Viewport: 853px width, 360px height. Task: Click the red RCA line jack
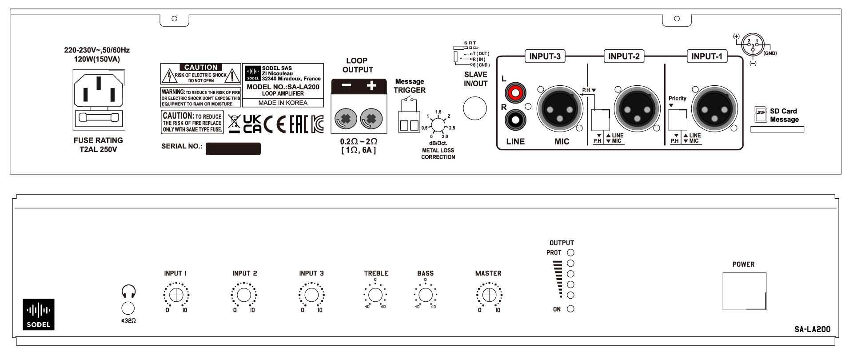click(x=515, y=93)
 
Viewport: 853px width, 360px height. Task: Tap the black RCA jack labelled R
click(x=515, y=120)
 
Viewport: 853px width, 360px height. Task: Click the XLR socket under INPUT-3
click(x=560, y=108)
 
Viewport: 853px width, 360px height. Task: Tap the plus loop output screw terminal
click(x=371, y=119)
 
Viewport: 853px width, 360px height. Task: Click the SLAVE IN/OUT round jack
click(x=475, y=108)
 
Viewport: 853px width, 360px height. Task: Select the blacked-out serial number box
click(x=233, y=148)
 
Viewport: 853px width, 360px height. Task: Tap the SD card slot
click(x=777, y=129)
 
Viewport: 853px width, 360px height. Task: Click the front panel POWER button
click(x=744, y=291)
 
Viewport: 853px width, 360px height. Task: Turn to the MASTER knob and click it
click(x=489, y=295)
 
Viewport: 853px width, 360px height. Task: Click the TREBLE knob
click(x=375, y=295)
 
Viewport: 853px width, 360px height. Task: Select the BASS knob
click(x=425, y=295)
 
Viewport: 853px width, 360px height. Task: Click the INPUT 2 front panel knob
click(x=244, y=295)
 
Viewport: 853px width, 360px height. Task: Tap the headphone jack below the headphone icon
click(x=128, y=308)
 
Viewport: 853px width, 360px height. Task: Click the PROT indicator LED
click(x=571, y=252)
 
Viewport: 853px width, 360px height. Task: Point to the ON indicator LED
click(x=571, y=309)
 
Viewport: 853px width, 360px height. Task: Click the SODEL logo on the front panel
click(x=39, y=314)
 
